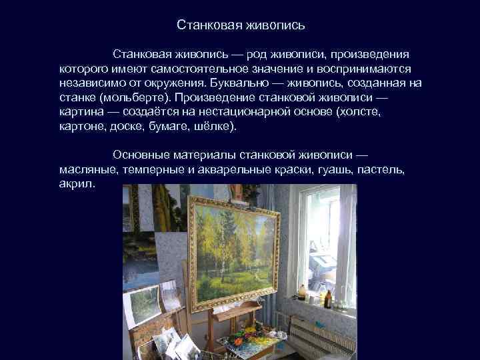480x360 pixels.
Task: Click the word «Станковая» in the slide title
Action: [x=209, y=26]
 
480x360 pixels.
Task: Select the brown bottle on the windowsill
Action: [x=301, y=294]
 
